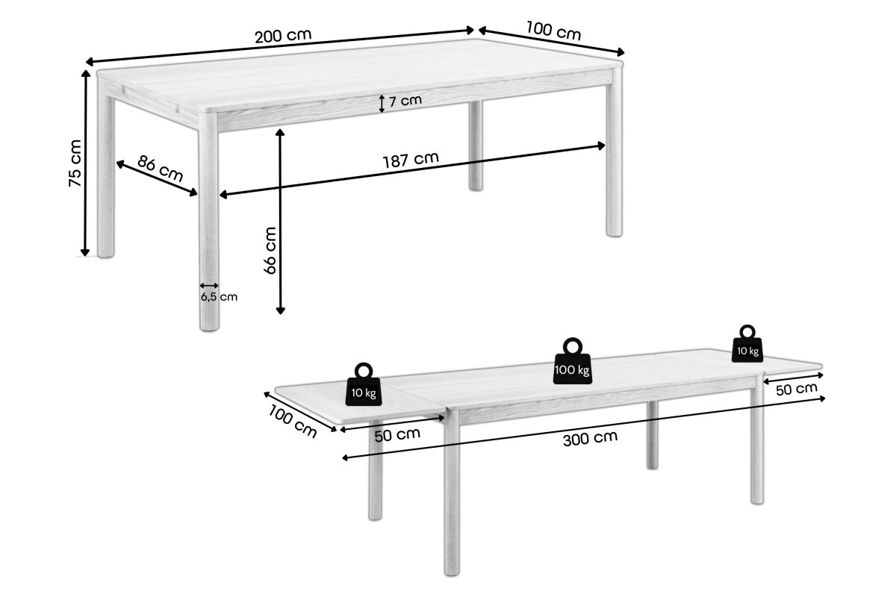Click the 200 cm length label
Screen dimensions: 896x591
pos(283,36)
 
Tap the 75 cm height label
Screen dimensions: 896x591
pos(75,163)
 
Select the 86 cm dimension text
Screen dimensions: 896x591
pos(160,169)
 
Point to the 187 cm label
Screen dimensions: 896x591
pos(411,160)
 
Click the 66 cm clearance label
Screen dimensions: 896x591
pos(270,251)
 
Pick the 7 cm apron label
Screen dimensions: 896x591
pos(405,101)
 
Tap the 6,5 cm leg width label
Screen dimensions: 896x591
pos(219,297)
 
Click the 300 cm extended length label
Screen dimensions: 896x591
pos(590,439)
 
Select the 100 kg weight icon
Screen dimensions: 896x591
pos(573,361)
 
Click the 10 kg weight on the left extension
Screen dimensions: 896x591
pos(364,384)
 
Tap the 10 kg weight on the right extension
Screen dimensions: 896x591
pos(747,343)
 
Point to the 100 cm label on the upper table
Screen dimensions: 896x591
pos(553,31)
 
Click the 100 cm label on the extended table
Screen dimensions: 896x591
pos(293,421)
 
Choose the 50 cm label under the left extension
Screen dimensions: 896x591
pos(397,434)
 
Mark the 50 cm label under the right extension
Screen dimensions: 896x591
pos(797,389)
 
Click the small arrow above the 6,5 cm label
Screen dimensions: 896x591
pos(209,286)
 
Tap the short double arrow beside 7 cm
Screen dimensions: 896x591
pos(382,104)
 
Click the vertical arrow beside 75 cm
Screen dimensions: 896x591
pos(85,163)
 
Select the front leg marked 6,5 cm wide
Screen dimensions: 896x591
pos(208,221)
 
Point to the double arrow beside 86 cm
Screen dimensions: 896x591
pos(157,178)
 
